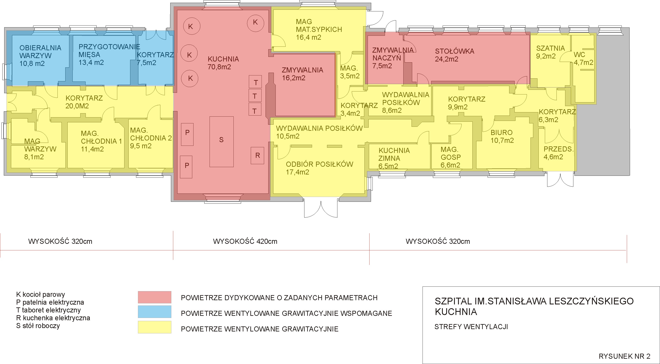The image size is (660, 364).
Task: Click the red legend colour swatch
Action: click(x=154, y=297)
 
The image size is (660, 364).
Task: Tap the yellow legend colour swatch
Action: click(x=154, y=327)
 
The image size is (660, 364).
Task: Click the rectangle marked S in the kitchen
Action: click(x=222, y=142)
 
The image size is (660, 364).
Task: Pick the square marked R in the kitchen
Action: click(x=257, y=155)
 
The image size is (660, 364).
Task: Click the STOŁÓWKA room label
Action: click(x=454, y=51)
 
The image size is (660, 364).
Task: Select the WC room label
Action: click(x=579, y=55)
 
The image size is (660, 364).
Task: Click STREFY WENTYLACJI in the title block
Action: click(x=471, y=327)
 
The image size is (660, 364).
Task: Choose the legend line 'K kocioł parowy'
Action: click(x=41, y=294)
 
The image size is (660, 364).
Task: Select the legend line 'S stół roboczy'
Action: click(x=38, y=326)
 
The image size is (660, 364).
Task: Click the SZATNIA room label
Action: click(x=550, y=48)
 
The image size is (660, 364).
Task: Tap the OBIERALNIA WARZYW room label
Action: click(x=40, y=52)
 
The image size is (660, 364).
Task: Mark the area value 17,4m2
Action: click(x=297, y=172)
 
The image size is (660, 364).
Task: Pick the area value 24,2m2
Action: click(x=447, y=59)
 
